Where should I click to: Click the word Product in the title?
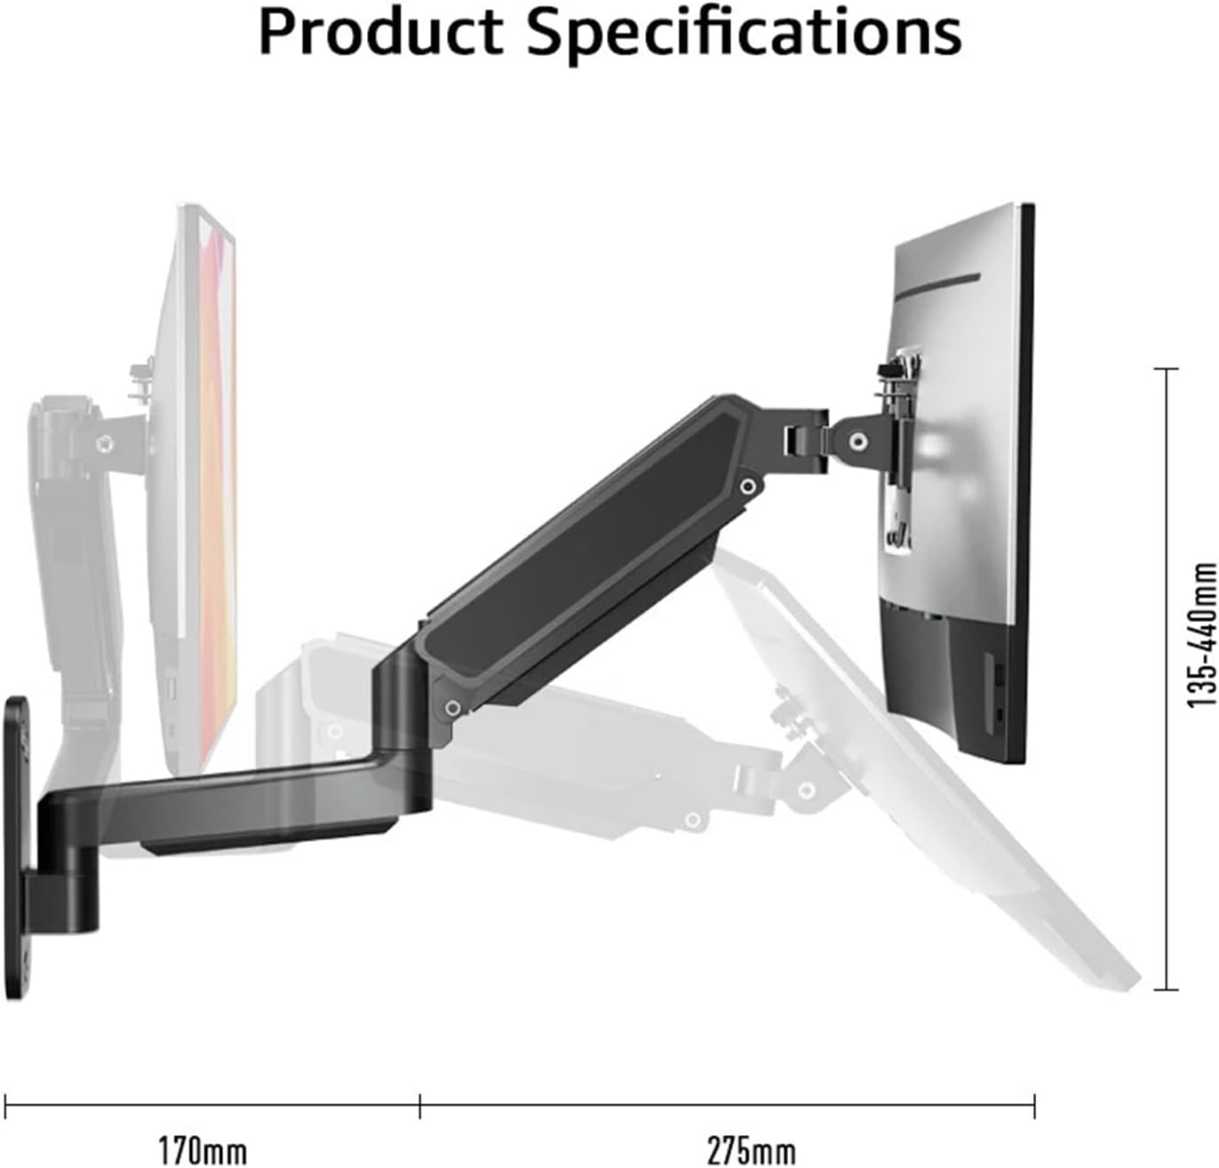[x=382, y=33]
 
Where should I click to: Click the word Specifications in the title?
[x=745, y=33]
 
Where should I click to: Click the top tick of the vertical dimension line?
[x=1166, y=368]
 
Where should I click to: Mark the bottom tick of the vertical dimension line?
[x=1166, y=989]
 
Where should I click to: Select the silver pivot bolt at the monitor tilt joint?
[x=857, y=440]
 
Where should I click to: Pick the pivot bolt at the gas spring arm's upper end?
[x=749, y=485]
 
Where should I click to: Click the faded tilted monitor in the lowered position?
[x=933, y=799]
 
